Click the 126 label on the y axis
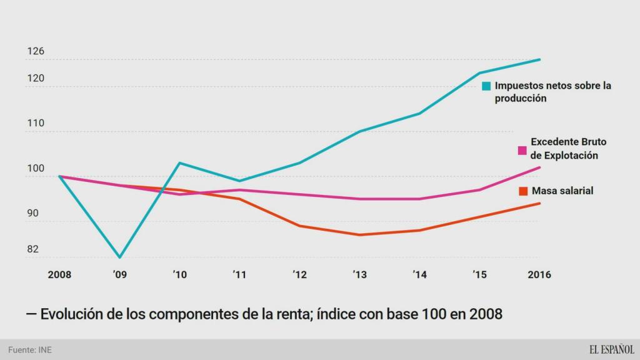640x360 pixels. [x=36, y=51]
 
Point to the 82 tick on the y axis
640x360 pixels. [x=33, y=249]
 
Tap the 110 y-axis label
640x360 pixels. [x=36, y=124]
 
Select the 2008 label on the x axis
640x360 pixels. [x=60, y=274]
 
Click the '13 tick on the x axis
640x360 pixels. [x=359, y=274]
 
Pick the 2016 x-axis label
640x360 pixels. [x=539, y=274]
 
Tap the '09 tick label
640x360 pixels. [x=120, y=274]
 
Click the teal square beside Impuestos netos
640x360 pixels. [x=486, y=86]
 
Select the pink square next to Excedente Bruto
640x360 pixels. [x=522, y=150]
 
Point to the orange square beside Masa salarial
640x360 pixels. [x=522, y=191]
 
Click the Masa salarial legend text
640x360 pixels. [x=562, y=191]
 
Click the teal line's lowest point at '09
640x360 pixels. [x=120, y=257]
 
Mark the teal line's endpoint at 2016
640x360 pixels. [x=540, y=59]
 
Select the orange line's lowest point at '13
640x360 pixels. [x=360, y=235]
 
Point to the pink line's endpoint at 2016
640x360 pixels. [x=540, y=167]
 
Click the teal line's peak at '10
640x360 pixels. [x=180, y=163]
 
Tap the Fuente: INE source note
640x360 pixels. [x=30, y=350]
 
